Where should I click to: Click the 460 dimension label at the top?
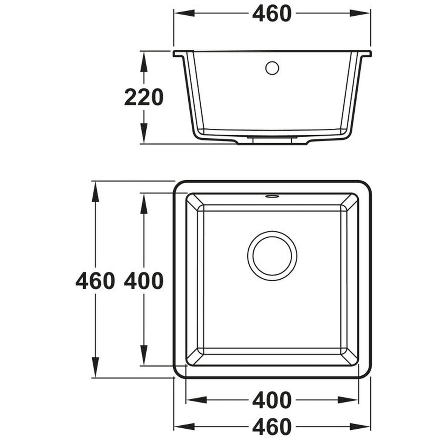pyautogui.click(x=272, y=14)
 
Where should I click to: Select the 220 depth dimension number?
pyautogui.click(x=143, y=98)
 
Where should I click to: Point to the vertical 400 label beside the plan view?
pyautogui.click(x=143, y=281)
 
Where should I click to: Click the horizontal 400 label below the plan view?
pyautogui.click(x=272, y=400)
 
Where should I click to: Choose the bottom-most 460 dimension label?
pyautogui.click(x=272, y=427)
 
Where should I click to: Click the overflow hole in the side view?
pyautogui.click(x=272, y=68)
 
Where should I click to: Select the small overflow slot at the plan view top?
pyautogui.click(x=271, y=197)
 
